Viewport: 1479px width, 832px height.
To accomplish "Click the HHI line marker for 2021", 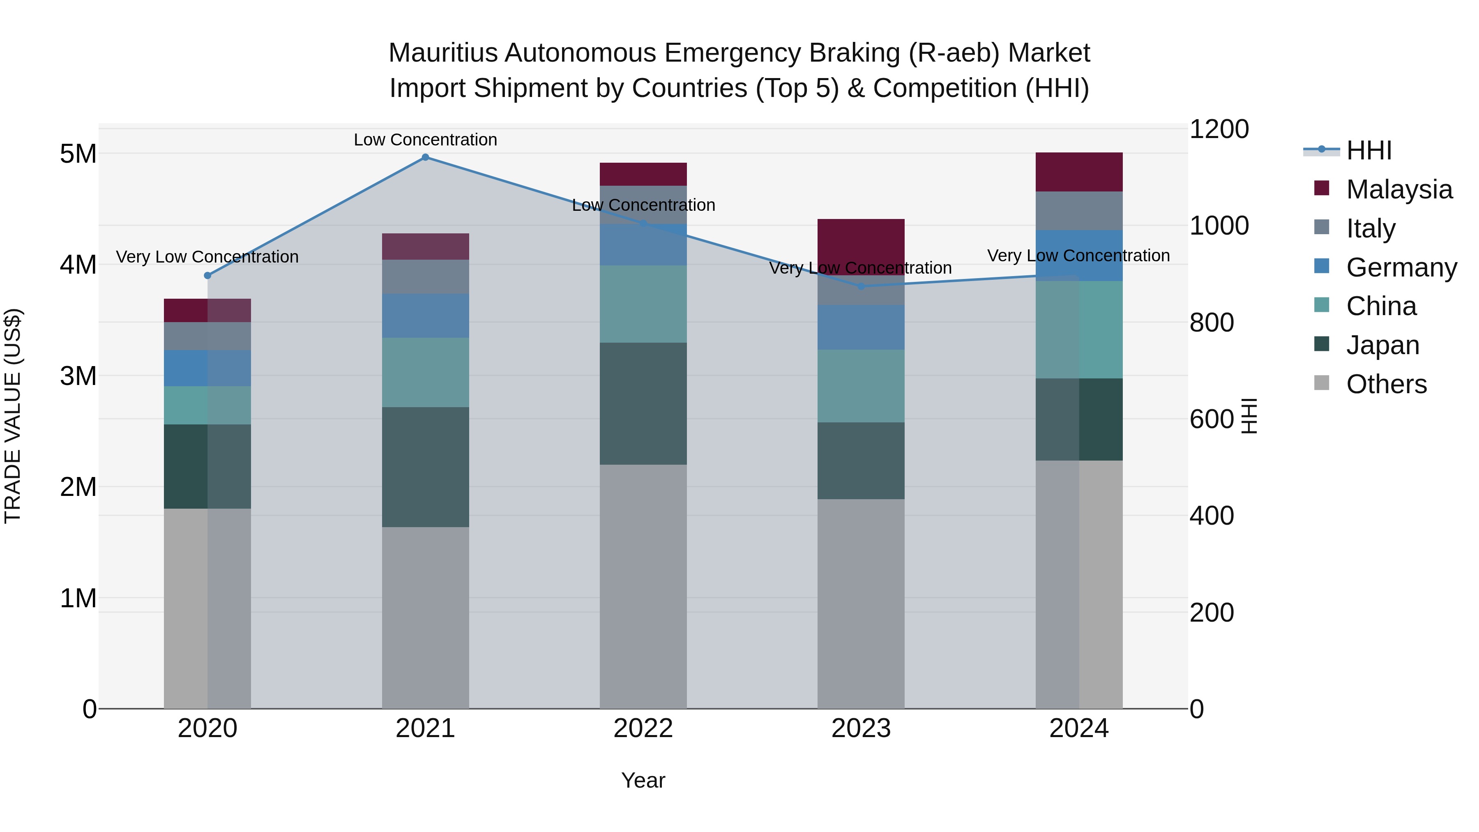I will (x=426, y=157).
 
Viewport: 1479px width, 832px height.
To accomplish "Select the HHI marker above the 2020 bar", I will (x=208, y=276).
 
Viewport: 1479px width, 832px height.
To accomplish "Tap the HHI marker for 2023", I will (x=861, y=286).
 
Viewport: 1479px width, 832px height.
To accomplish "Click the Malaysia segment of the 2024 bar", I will (x=1079, y=172).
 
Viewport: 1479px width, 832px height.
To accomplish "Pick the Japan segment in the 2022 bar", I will (x=643, y=403).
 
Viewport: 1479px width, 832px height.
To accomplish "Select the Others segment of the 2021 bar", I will (x=426, y=617).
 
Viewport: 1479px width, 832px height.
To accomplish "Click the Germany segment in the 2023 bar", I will (x=861, y=327).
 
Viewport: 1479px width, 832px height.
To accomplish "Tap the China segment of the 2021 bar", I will (x=426, y=372).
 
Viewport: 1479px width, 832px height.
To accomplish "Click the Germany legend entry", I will (x=1401, y=267).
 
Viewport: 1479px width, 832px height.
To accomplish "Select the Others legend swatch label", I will (x=1386, y=384).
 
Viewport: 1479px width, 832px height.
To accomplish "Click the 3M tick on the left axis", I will (x=78, y=376).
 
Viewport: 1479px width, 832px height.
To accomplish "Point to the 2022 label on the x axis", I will (x=643, y=728).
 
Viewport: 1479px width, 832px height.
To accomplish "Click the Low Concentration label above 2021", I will (x=426, y=140).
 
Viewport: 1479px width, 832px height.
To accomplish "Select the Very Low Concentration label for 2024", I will (x=1078, y=256).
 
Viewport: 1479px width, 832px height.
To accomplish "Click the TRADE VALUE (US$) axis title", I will (x=13, y=416).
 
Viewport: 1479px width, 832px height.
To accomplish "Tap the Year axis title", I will (x=643, y=780).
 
